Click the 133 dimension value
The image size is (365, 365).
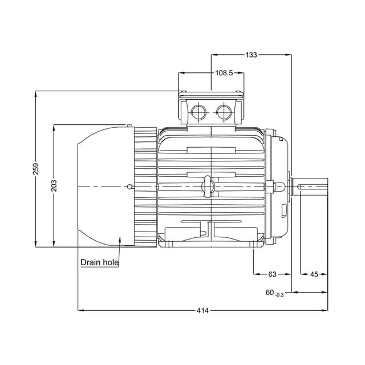tap(251, 55)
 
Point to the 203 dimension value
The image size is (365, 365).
tap(55, 185)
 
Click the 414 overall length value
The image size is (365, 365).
tap(202, 310)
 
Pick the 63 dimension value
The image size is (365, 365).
tap(272, 274)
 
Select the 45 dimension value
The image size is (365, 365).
tap(314, 274)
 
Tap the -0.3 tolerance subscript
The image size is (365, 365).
tap(279, 294)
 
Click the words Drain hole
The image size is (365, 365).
tap(99, 262)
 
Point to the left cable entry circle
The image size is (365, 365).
tap(198, 111)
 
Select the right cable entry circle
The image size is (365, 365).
tap(224, 111)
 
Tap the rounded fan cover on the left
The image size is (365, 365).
tap(106, 186)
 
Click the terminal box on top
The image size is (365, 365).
tap(211, 108)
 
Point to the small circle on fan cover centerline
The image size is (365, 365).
tap(131, 186)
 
